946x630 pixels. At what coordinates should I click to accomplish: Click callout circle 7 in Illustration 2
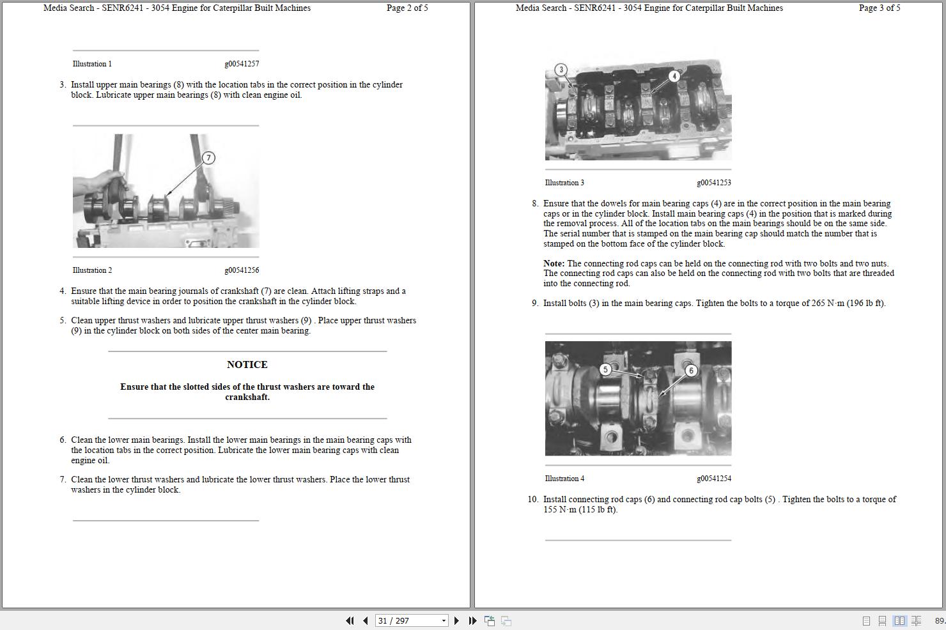coord(208,158)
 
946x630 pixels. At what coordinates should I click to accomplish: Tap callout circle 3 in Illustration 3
coord(561,70)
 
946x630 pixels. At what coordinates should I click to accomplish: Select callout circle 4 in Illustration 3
coord(674,76)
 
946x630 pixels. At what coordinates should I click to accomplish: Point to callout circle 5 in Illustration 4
coord(605,369)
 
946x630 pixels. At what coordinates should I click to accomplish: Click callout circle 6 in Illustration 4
coord(690,371)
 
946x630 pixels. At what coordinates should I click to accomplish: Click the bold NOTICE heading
coord(247,365)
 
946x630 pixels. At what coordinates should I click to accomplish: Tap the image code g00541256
coord(242,270)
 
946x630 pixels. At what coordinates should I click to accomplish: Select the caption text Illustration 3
coord(564,183)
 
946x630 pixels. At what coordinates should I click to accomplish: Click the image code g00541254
coord(714,479)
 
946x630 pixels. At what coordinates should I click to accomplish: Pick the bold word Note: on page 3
coord(554,263)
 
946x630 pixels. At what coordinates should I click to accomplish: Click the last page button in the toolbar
coord(472,620)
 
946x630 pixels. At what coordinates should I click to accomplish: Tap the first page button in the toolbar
coord(350,620)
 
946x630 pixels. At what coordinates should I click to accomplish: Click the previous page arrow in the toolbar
coord(365,620)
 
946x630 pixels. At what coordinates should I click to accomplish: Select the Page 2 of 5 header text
coord(407,8)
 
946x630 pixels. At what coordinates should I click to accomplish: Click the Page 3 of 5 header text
coord(880,8)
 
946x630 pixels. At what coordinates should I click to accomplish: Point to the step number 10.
coord(532,500)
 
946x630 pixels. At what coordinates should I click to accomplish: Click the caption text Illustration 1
coord(92,64)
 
